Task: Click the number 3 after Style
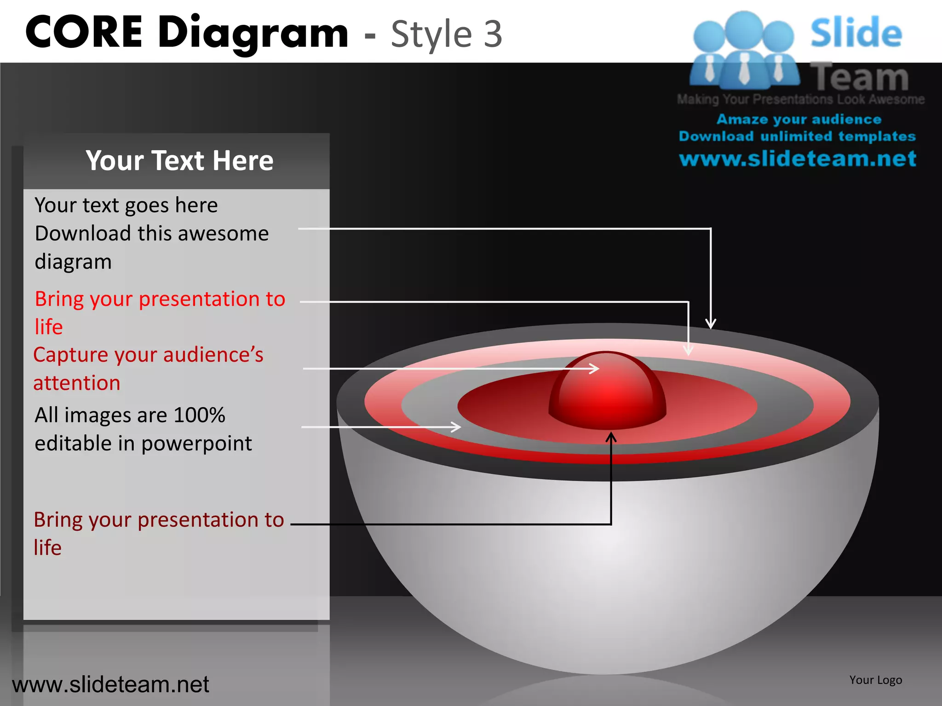(493, 34)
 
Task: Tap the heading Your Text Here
(179, 160)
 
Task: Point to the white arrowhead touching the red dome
(595, 368)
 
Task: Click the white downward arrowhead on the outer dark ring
(711, 324)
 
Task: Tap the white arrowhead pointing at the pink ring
(688, 350)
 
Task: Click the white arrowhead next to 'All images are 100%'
(456, 427)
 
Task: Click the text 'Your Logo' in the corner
(875, 680)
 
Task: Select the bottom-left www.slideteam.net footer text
(110, 684)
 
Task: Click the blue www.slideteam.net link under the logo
(798, 159)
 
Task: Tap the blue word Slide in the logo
(856, 33)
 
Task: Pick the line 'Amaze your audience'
(799, 120)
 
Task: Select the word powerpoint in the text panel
(196, 444)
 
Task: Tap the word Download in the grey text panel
(83, 233)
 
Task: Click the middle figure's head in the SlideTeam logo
(743, 28)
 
